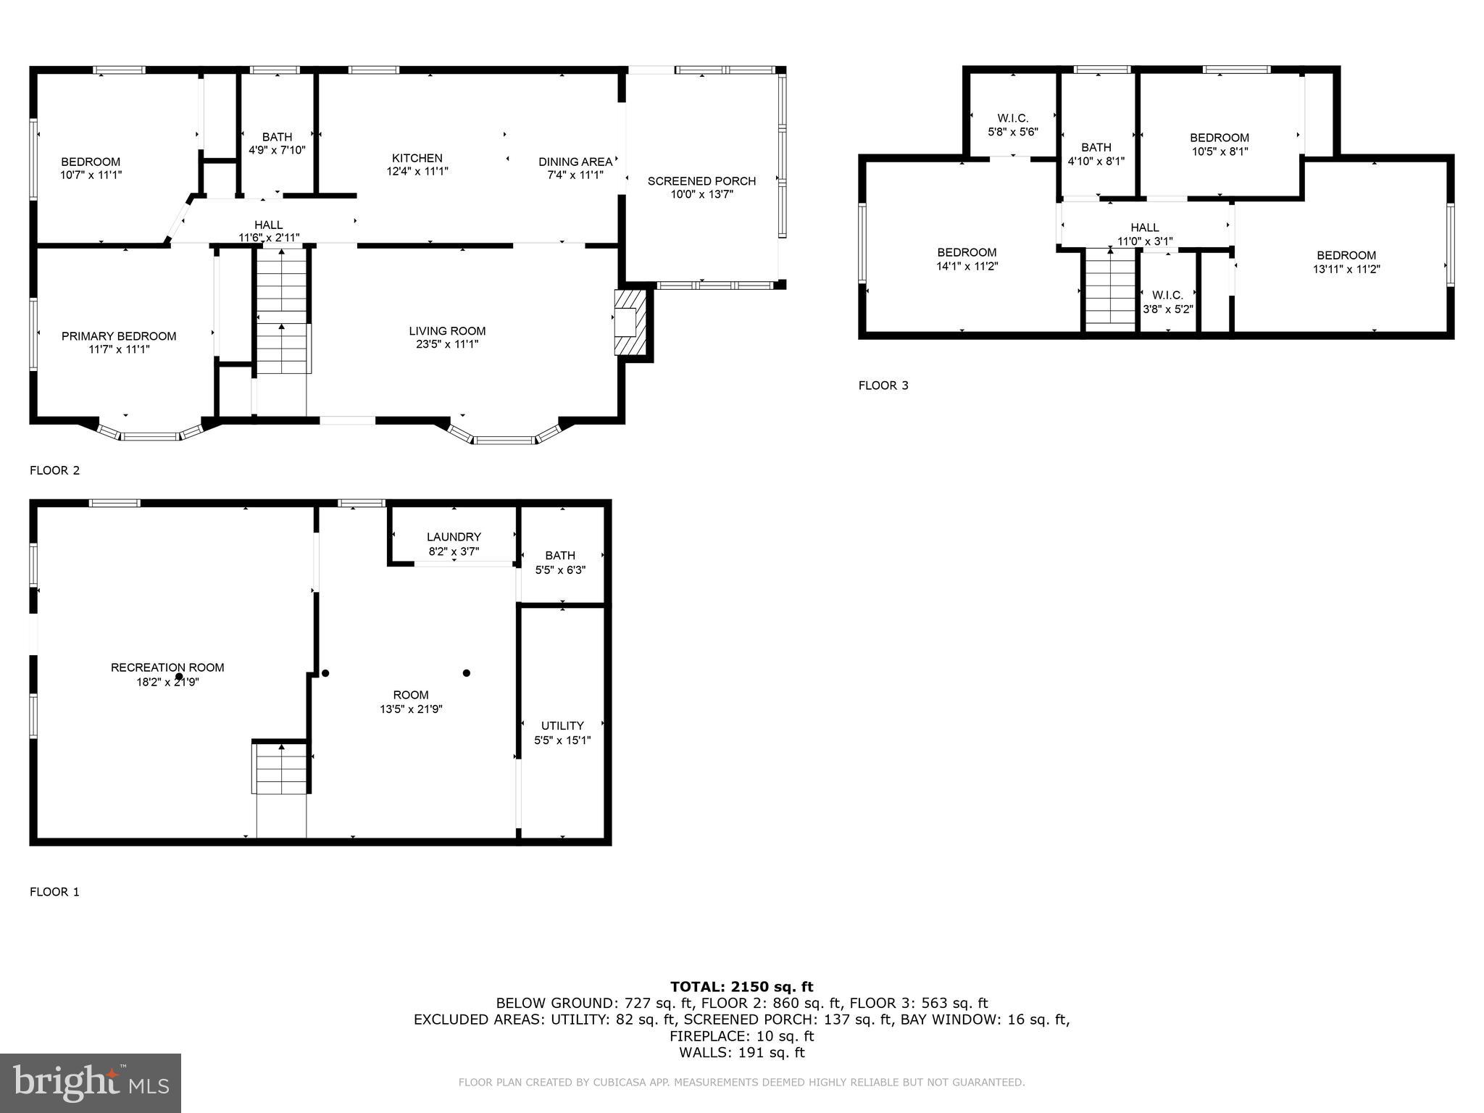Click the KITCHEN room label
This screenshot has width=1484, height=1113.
point(417,158)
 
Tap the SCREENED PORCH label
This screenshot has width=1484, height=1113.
point(701,181)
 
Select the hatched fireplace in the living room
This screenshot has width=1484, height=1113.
point(630,322)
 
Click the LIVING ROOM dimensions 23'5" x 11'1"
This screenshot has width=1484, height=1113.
point(447,344)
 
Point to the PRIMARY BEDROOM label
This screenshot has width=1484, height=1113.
point(119,336)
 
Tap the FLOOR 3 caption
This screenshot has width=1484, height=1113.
point(883,385)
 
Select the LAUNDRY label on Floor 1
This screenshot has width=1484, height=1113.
point(454,537)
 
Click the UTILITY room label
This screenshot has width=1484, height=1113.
point(562,725)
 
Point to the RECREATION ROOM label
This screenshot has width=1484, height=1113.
point(167,667)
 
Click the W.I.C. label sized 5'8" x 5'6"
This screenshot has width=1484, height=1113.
point(1012,118)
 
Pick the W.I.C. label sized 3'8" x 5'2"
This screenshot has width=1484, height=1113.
point(1167,295)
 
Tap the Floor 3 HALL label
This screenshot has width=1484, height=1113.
point(1144,228)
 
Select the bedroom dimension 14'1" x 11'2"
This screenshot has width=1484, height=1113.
point(967,266)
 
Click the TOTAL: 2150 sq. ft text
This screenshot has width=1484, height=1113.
point(741,986)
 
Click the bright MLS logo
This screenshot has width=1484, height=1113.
point(91,1083)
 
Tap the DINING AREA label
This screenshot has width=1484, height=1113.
point(575,162)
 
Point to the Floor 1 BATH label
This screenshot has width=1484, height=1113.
point(560,556)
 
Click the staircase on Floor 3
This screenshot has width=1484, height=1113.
point(1109,290)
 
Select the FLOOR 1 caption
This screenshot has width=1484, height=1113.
point(54,892)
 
